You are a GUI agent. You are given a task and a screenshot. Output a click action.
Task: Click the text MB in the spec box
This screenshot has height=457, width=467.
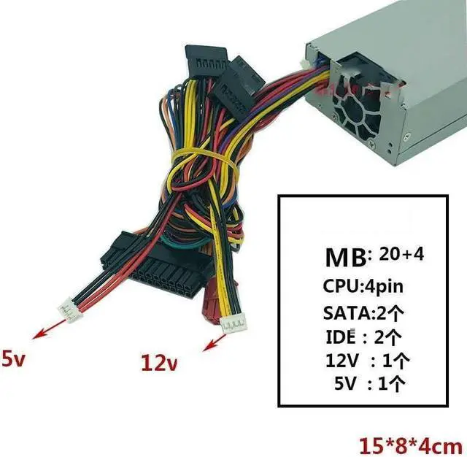point(346,258)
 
